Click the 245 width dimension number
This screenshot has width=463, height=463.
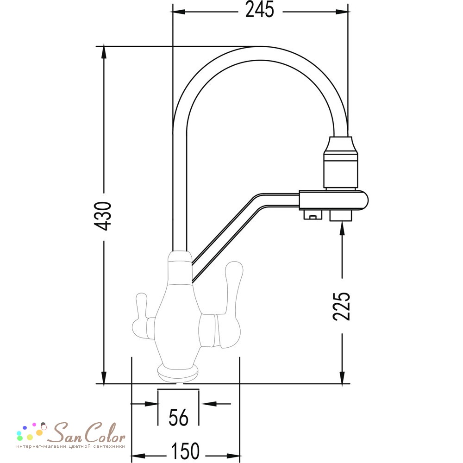point(260,10)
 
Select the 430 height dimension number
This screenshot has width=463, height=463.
point(102,216)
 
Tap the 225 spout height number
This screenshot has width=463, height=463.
point(342,306)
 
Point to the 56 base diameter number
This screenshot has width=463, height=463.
point(178,418)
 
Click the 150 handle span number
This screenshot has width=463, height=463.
point(186,450)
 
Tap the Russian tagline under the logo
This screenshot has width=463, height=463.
point(71,446)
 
